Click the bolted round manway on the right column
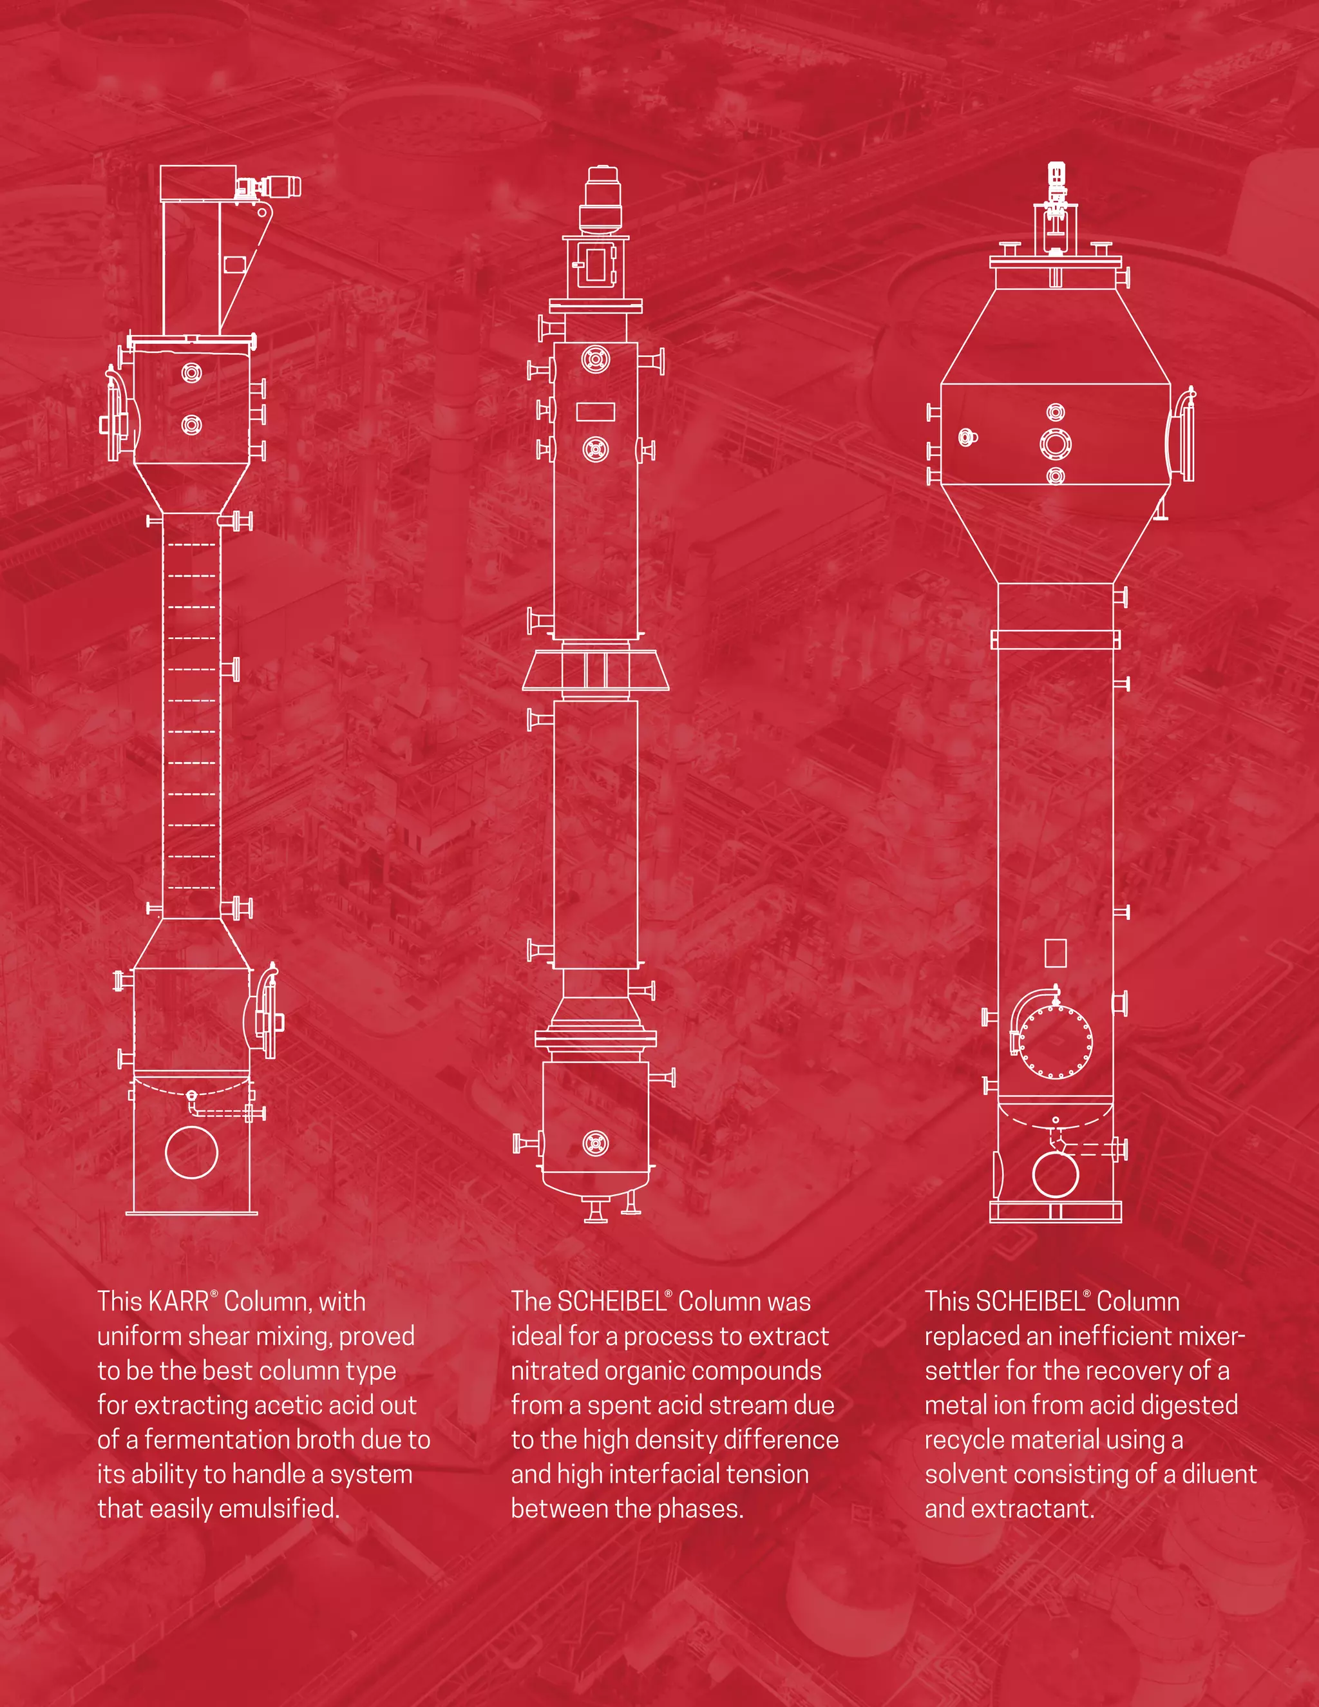coord(1056,1042)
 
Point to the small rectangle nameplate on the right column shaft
coord(1056,952)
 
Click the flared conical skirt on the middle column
coord(596,671)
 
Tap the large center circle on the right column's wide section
coord(1056,444)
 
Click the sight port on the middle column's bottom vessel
coord(596,1143)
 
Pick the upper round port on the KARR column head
coord(191,373)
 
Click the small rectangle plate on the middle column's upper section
coord(596,411)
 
